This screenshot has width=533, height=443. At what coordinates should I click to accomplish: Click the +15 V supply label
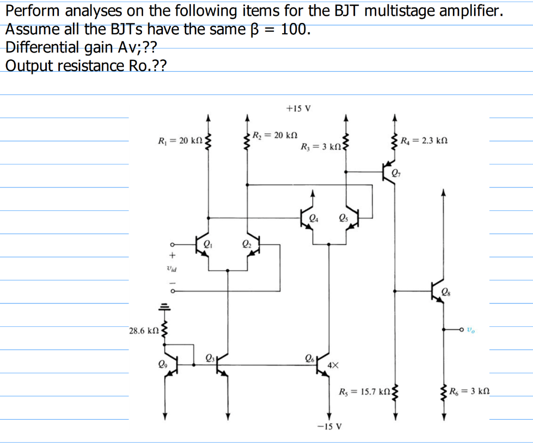pyautogui.click(x=298, y=109)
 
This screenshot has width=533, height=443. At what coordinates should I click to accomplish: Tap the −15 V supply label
pyautogui.click(x=329, y=426)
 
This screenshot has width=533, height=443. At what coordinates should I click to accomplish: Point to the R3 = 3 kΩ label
pyautogui.click(x=320, y=147)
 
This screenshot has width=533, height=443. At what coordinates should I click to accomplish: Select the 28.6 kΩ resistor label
pyautogui.click(x=144, y=331)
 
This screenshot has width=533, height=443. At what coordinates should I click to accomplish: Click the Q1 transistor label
pyautogui.click(x=207, y=242)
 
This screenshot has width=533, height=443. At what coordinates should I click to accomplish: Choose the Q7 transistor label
pyautogui.click(x=397, y=173)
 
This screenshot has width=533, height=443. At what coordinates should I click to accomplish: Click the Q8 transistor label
pyautogui.click(x=446, y=292)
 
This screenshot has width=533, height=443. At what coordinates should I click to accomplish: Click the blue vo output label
pyautogui.click(x=471, y=330)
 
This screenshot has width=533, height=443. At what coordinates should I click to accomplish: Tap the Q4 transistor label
pyautogui.click(x=313, y=218)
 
